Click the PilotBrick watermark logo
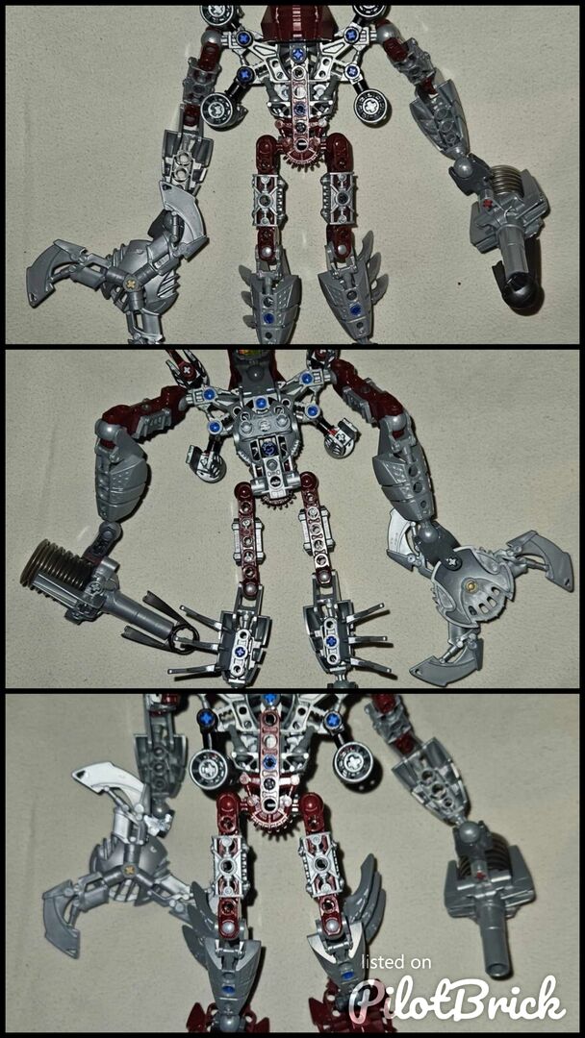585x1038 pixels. click(458, 999)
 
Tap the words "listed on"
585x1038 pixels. click(396, 962)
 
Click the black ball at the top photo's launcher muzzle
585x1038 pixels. click(522, 295)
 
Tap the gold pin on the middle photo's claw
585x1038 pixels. click(471, 585)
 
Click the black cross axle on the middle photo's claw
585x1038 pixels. click(453, 562)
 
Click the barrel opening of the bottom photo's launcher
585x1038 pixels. click(499, 969)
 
